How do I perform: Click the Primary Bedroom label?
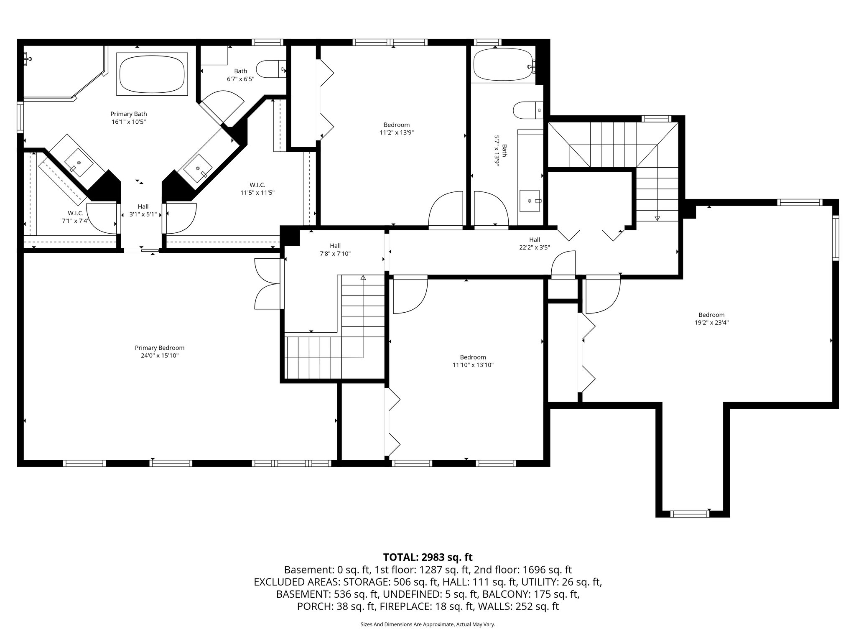pos(159,352)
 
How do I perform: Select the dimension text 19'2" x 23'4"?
pos(711,323)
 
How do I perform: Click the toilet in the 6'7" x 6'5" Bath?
pos(270,69)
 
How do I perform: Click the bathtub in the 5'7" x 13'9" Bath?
pos(503,65)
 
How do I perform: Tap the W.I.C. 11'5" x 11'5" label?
pos(257,189)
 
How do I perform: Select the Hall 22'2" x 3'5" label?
pos(534,243)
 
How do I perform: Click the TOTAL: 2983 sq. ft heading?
pos(428,557)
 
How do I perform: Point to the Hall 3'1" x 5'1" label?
pos(143,210)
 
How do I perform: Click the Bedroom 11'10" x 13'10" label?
pos(473,361)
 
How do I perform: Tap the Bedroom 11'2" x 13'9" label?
pos(396,128)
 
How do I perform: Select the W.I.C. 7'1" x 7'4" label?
pos(73,217)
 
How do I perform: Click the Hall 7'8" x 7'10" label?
pos(335,250)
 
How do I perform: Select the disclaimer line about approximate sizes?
pos(428,624)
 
